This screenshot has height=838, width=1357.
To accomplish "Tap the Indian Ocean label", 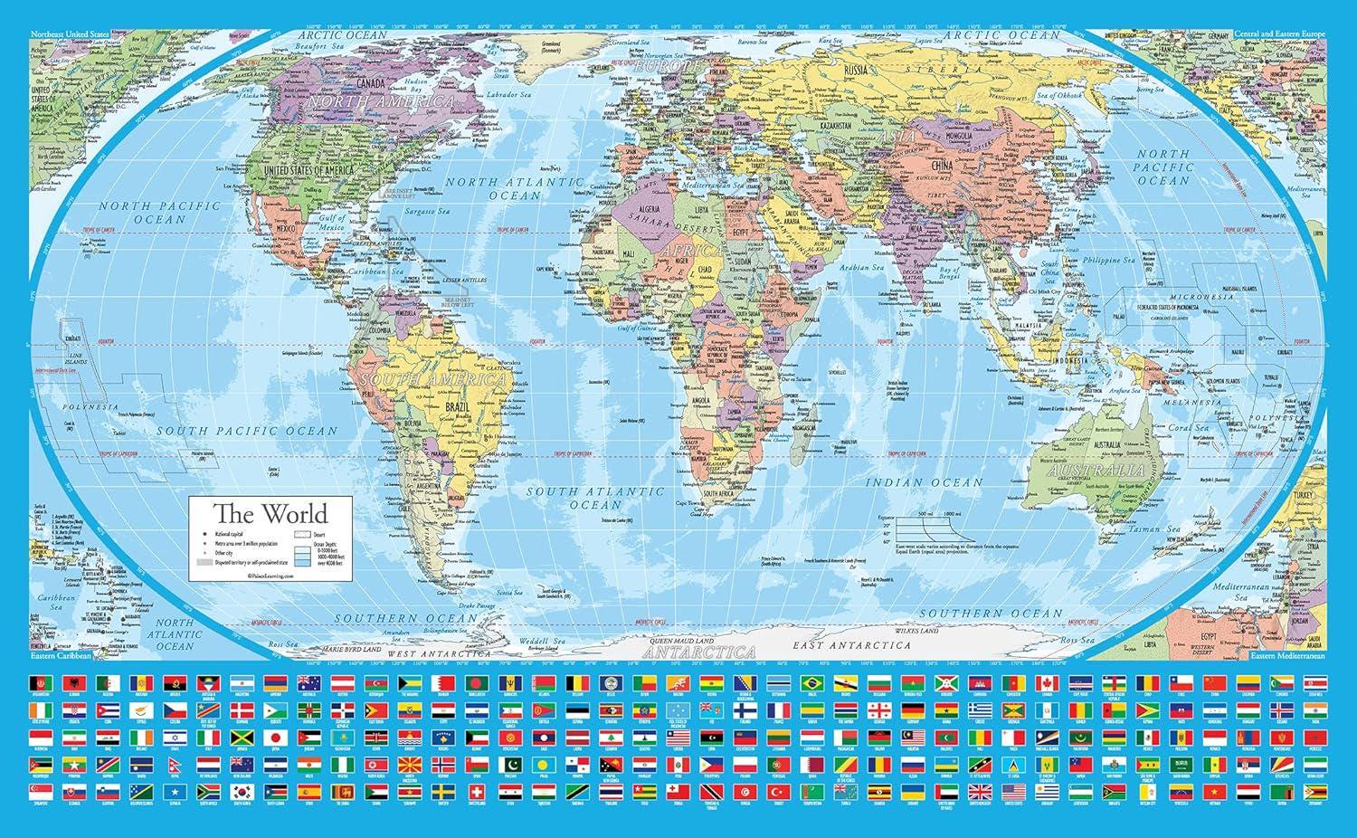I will click(x=924, y=483).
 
